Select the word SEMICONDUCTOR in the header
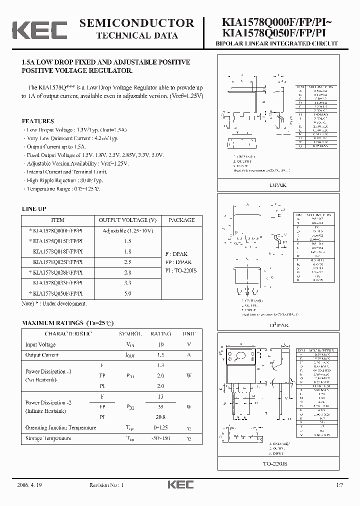[136, 23]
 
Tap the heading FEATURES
[37, 121]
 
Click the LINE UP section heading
[34, 209]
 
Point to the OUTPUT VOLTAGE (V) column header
[127, 220]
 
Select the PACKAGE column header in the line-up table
[181, 220]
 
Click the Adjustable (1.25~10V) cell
[127, 230]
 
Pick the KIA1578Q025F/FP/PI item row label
[57, 262]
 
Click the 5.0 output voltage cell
[127, 293]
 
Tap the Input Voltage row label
[40, 344]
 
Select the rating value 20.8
[161, 417]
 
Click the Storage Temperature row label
[48, 438]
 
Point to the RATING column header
[161, 333]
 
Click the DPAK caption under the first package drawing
[278, 184]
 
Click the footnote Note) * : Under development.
[54, 303]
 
